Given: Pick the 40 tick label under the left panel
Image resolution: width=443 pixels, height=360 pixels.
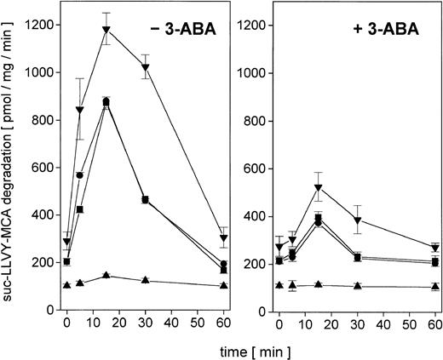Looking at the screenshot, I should [171, 325].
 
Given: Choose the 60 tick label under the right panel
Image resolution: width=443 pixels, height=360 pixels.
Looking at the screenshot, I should [435, 325].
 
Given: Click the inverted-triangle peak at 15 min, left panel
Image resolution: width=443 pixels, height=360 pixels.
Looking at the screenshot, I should [106, 31].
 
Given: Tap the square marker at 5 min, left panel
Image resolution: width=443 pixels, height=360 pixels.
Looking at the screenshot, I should [80, 209].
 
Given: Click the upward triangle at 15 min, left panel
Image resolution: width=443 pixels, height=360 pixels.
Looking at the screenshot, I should [106, 275].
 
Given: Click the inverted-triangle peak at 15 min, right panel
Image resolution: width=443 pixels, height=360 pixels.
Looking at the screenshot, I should [319, 187].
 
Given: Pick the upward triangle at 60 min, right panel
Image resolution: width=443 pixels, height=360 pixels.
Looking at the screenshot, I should [435, 287].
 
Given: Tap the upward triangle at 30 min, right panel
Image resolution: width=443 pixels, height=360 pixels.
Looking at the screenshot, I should [358, 286].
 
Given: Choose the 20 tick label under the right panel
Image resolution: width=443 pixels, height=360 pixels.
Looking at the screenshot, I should [331, 325].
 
